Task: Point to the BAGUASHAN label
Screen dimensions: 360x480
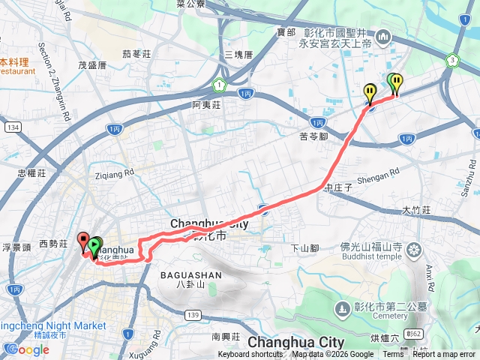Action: [191, 275]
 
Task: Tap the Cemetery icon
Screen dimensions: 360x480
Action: [342, 308]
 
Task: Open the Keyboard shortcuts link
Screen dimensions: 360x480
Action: [250, 355]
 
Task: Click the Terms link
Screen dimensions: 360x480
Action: [393, 355]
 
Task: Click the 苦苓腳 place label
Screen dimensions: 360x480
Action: [314, 136]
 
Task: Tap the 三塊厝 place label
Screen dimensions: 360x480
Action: [238, 55]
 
